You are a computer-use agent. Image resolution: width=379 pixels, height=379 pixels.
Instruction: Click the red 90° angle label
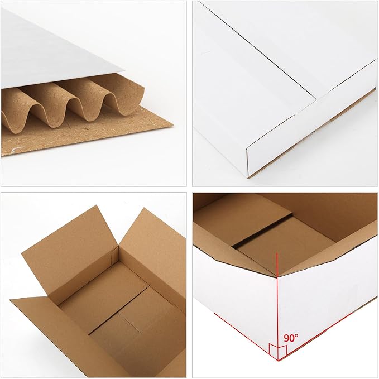(x=291, y=338)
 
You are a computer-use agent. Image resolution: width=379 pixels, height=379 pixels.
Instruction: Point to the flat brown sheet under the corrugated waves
(x=84, y=140)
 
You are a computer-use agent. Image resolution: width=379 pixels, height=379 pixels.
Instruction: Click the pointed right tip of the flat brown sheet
(x=171, y=126)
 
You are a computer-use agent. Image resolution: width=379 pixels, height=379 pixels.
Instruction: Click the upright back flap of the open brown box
(x=70, y=246)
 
